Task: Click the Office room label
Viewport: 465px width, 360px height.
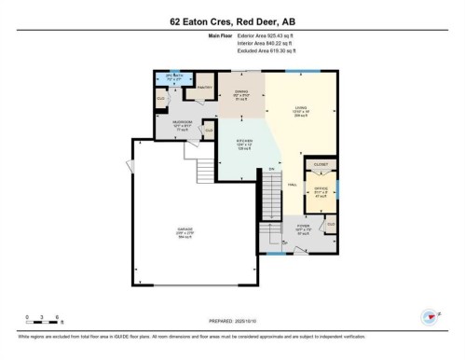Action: point(321,191)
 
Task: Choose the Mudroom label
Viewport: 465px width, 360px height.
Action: point(183,124)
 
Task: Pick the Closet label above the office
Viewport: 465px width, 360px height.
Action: point(321,164)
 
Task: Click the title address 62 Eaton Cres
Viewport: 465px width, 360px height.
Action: point(232,20)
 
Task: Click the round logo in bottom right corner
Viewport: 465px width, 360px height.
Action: point(431,317)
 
